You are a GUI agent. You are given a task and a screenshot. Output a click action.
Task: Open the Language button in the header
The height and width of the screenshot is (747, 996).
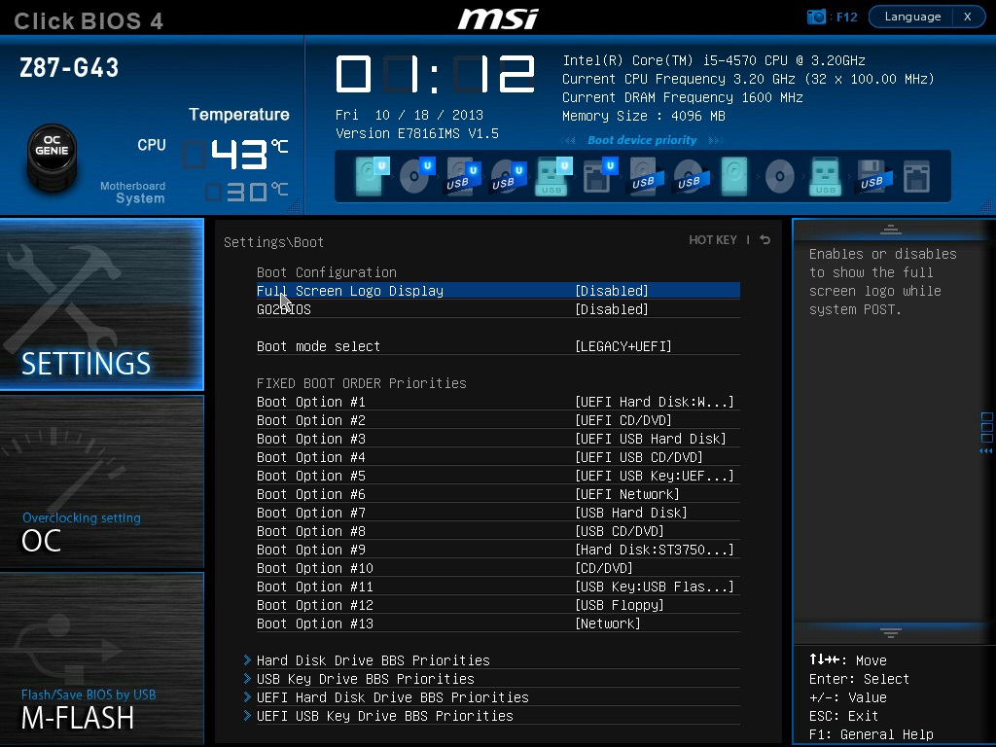pos(912,17)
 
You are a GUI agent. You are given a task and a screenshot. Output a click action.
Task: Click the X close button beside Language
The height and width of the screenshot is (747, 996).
pos(968,17)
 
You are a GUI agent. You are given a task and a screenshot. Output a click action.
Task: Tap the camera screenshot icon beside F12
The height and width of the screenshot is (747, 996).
pos(816,17)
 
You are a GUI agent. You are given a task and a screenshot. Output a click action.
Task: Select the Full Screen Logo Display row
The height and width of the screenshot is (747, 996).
pos(498,291)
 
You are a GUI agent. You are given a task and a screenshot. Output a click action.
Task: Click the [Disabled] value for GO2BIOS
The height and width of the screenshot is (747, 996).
pos(612,309)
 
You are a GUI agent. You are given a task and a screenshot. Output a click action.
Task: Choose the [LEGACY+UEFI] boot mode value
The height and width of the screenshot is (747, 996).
pos(623,346)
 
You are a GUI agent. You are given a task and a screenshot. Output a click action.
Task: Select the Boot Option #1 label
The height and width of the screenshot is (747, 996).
pos(310,402)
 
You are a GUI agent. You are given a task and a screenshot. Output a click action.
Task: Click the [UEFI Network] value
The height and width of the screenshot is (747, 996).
pos(627,494)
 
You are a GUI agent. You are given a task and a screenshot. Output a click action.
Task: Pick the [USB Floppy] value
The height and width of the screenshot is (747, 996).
pos(620,605)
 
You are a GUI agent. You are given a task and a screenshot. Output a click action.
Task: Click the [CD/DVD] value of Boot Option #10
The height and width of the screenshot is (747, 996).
pos(603,568)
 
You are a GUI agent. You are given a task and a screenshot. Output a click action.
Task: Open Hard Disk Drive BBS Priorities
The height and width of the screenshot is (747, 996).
pos(373,660)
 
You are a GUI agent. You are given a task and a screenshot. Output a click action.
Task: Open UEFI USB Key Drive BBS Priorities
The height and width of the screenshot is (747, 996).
pos(384,716)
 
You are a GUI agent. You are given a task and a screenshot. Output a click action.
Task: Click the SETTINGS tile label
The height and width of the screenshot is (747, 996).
pos(87,364)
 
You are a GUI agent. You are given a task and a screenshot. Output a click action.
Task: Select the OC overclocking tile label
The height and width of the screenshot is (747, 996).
pos(41,541)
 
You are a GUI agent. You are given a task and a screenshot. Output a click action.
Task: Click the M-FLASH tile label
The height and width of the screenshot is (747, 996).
pos(78,719)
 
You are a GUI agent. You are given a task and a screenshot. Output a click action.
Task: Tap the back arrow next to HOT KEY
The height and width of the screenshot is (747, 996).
pos(765,239)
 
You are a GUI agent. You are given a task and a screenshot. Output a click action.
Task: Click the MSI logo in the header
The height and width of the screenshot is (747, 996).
pos(498,18)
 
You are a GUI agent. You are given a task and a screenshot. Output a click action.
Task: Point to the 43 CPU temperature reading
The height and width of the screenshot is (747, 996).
pos(239,155)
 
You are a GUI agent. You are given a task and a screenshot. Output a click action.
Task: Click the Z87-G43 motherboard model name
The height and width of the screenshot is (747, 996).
pos(69,68)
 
